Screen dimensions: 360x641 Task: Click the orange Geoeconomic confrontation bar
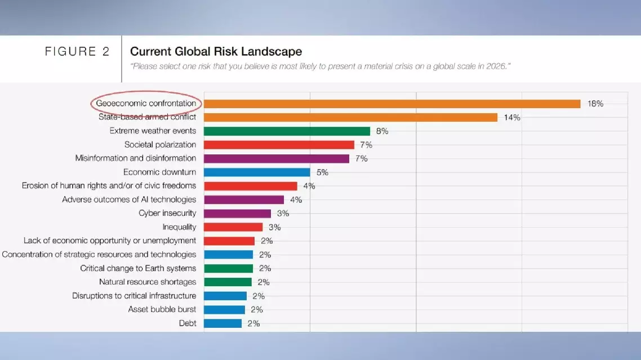(392, 104)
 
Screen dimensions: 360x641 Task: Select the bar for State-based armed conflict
(350, 117)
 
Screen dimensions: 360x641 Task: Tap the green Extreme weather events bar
(287, 131)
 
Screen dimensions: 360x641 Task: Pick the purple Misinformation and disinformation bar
(276, 159)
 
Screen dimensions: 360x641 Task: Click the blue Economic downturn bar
(257, 172)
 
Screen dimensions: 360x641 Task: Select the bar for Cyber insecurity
(237, 214)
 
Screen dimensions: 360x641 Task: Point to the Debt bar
(222, 323)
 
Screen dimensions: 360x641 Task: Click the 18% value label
(595, 104)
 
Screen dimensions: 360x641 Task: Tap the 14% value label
(512, 118)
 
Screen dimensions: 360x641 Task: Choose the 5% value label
(322, 172)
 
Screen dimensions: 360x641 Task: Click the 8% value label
(382, 131)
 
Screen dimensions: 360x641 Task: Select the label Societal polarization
(160, 145)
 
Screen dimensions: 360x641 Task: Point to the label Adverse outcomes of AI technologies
(129, 199)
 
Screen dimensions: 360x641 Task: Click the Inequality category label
(179, 227)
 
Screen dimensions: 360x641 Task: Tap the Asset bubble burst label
(162, 309)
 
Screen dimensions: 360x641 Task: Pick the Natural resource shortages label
(148, 282)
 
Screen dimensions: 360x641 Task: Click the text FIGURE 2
(77, 52)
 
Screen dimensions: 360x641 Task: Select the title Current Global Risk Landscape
(216, 52)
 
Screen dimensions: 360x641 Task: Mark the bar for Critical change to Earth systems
(228, 268)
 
